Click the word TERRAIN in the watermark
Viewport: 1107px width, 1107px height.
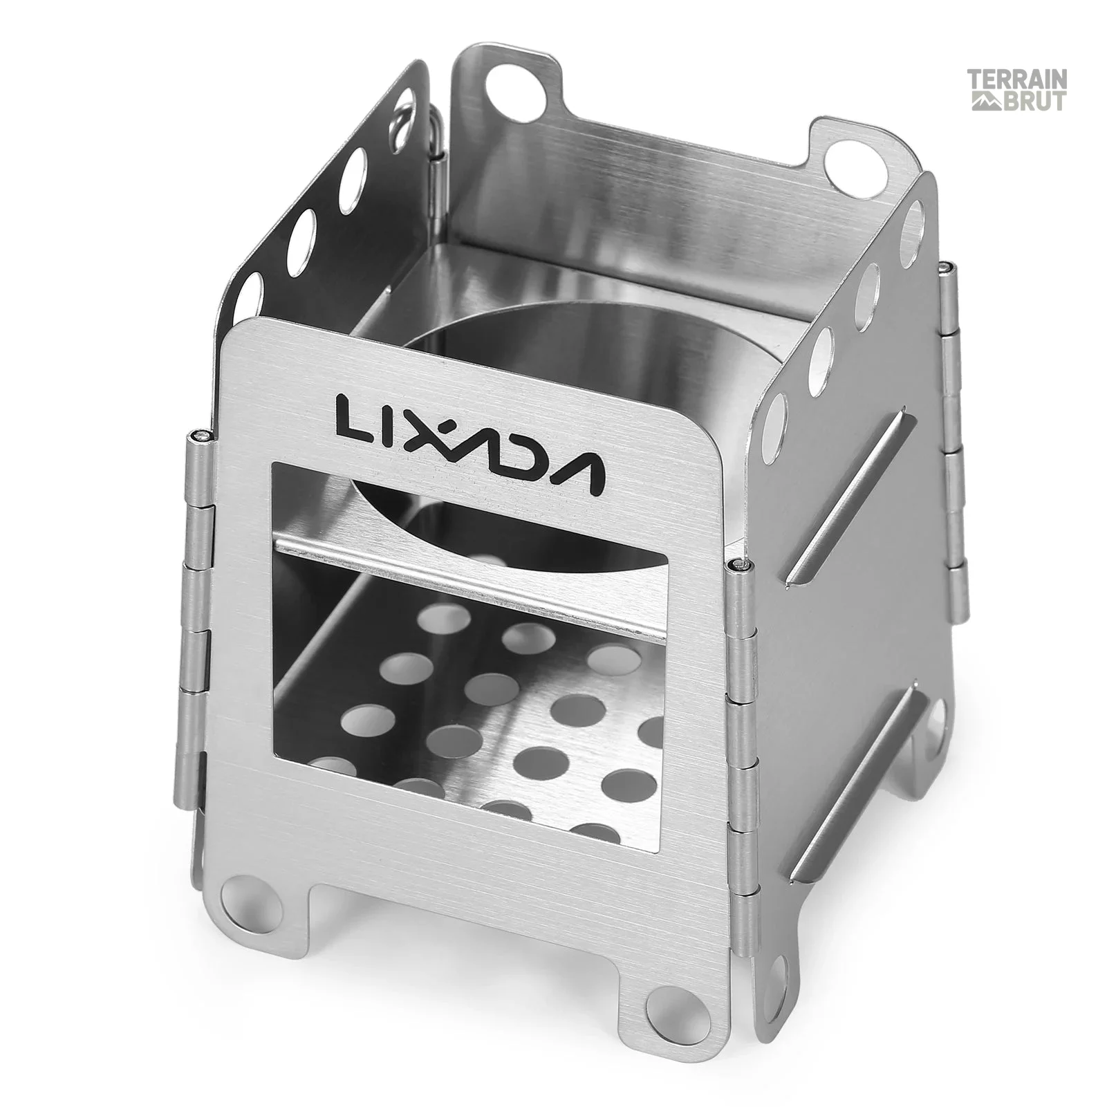click(1016, 80)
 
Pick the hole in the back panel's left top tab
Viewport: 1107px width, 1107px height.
click(507, 87)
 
